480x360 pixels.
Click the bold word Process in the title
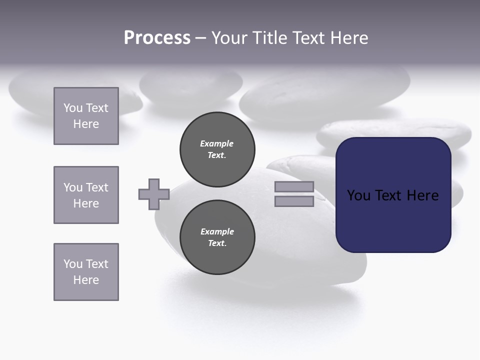[x=157, y=38]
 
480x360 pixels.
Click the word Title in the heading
[x=268, y=38]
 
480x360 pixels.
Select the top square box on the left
[x=86, y=116]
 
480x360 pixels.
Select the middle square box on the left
[x=86, y=195]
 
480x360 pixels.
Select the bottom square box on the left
[x=86, y=272]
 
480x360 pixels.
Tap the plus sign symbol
[x=154, y=194]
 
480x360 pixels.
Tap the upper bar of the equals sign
[x=294, y=186]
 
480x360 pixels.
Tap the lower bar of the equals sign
[x=294, y=201]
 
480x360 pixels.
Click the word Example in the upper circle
[x=217, y=143]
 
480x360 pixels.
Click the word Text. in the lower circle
[x=217, y=243]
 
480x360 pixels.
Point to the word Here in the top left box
[x=86, y=124]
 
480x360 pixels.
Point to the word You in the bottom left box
[x=72, y=264]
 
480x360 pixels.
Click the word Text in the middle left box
[x=96, y=187]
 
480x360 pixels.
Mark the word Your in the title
[x=229, y=38]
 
